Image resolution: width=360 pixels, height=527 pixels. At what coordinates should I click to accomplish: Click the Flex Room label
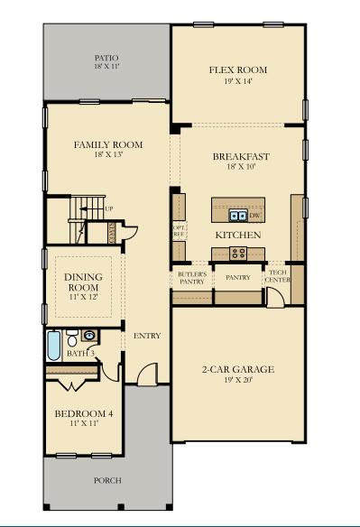pos(237,69)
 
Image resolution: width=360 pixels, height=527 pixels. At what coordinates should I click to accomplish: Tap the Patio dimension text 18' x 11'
pos(106,66)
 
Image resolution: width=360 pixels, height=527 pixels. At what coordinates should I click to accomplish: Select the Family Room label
pos(108,144)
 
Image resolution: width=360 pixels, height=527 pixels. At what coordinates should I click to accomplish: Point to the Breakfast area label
pos(241,156)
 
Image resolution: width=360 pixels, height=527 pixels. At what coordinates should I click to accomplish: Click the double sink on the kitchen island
pos(237,215)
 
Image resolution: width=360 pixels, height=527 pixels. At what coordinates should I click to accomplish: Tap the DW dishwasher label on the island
pos(254,216)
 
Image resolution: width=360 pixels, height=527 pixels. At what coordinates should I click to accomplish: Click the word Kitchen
pos(237,235)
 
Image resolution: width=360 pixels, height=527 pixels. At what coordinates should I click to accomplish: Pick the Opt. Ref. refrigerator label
pos(179,230)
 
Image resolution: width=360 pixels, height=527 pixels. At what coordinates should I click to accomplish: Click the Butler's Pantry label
pos(191,278)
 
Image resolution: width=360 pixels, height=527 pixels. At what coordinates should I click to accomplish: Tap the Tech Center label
pos(277,277)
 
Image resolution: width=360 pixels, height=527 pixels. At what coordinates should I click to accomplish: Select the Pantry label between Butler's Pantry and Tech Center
pos(237,278)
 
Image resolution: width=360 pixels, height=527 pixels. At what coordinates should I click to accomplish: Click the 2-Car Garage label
pos(237,369)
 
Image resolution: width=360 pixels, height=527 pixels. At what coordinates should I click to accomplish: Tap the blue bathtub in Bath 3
pos(52,344)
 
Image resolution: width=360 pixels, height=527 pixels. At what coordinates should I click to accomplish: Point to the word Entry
pos(147,336)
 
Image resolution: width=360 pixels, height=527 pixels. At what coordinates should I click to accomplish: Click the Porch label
pos(107,480)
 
